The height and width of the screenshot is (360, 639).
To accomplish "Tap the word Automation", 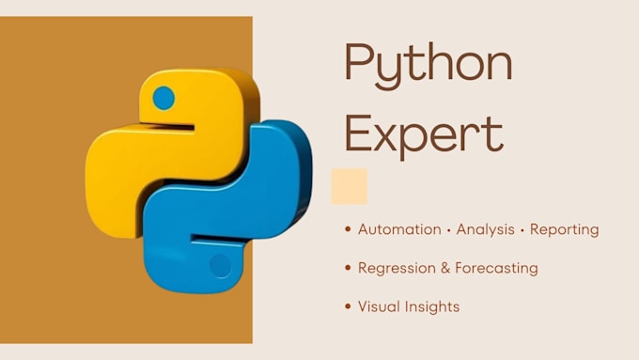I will (399, 229).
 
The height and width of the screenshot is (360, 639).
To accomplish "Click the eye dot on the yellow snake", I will (164, 97).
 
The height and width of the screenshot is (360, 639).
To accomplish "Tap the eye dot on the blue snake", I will (219, 266).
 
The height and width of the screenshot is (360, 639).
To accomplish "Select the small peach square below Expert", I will (350, 186).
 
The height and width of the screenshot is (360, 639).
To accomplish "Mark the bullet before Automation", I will (349, 229).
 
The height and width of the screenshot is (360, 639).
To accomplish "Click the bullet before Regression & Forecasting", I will (349, 268).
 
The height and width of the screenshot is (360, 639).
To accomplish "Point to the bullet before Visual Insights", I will (349, 306).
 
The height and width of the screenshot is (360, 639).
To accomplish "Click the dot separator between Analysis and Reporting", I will (524, 229).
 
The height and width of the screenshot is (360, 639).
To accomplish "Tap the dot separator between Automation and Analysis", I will (447, 229).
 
